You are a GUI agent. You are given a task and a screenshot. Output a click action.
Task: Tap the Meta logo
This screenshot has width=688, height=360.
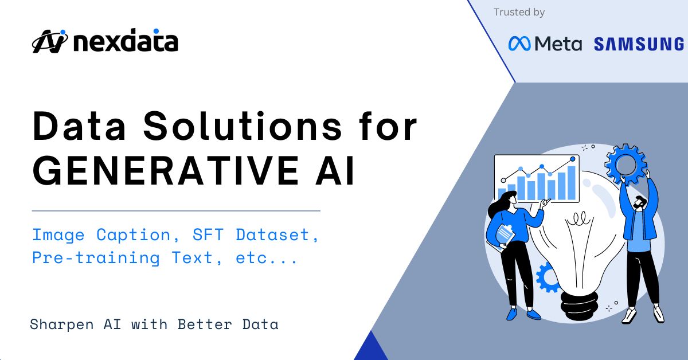[x=545, y=44]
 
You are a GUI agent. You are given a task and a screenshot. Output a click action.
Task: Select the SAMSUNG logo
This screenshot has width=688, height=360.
[x=639, y=44]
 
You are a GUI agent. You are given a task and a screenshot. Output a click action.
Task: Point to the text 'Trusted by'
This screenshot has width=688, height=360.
[x=519, y=12]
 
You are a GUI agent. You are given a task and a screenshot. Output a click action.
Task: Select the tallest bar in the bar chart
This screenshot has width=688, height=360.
[x=571, y=182]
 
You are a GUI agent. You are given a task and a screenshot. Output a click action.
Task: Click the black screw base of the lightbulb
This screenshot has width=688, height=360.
[x=580, y=298]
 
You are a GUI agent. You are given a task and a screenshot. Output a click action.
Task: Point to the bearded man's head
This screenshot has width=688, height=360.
[x=640, y=203]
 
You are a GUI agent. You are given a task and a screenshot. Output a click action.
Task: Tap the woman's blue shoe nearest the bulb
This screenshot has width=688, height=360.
[x=533, y=314]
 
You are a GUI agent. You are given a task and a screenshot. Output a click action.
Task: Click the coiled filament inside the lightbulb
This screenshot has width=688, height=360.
[x=580, y=218]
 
